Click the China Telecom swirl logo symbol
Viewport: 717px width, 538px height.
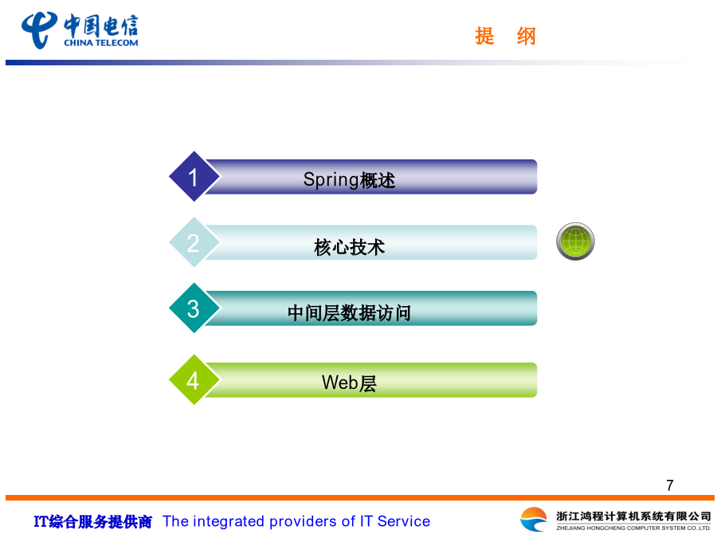pos(39,30)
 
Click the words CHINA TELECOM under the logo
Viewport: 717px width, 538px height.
pos(100,43)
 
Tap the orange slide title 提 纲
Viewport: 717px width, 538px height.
pos(505,36)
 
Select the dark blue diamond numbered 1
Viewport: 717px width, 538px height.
pos(194,177)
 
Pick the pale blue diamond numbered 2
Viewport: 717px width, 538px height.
pos(194,242)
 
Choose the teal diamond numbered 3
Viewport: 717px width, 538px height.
pos(194,308)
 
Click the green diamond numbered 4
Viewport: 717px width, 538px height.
pos(194,379)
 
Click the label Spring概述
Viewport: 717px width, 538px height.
pos(349,180)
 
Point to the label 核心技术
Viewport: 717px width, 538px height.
pos(350,247)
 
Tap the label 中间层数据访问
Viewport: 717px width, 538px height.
pos(350,313)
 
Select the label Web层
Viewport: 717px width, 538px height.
pos(349,383)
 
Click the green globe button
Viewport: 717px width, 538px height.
pos(575,242)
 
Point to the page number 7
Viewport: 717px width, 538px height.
pos(670,485)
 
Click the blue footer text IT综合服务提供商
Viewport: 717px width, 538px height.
pos(93,521)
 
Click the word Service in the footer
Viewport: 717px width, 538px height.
pos(404,521)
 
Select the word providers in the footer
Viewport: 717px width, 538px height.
pos(304,521)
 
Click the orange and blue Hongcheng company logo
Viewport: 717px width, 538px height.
pos(534,520)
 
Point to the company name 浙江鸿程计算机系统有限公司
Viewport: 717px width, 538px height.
pos(633,516)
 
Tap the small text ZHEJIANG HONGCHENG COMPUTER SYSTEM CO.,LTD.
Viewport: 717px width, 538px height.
pos(633,528)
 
